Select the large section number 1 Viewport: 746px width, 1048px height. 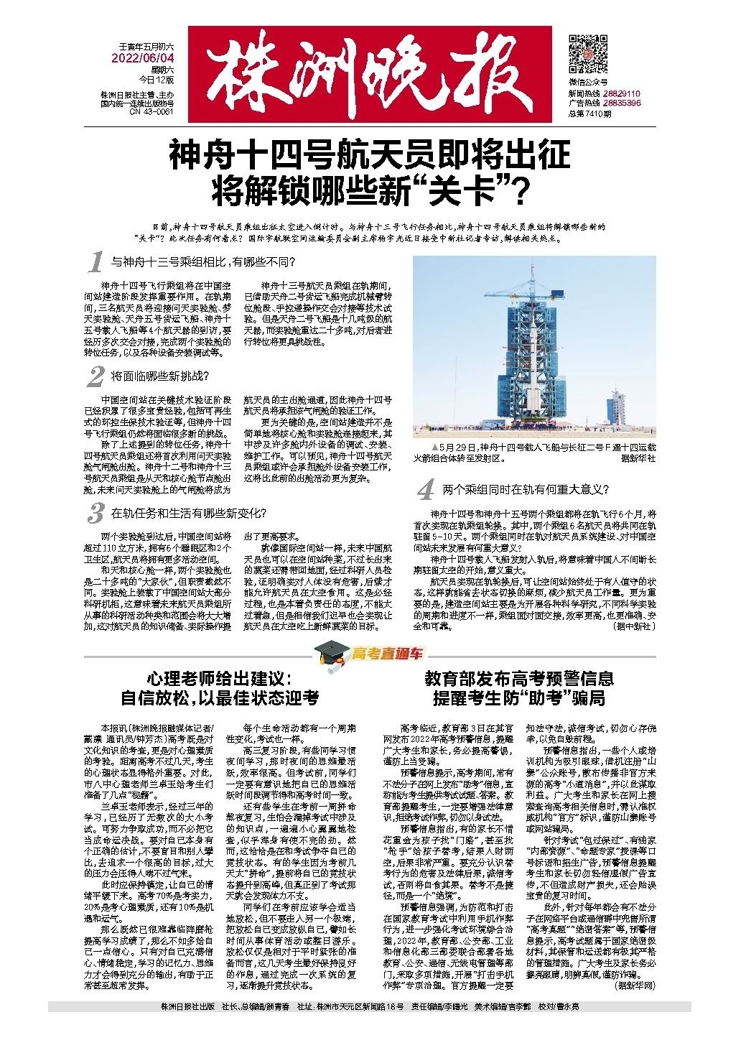point(94,263)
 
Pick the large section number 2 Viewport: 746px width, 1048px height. point(95,376)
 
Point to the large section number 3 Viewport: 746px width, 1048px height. point(94,514)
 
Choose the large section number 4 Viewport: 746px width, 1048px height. point(425,491)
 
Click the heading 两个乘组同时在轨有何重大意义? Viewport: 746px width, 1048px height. point(526,490)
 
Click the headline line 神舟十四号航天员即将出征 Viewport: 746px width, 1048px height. point(370,155)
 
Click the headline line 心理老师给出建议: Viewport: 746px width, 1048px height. point(219,678)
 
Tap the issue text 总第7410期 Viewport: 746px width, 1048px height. point(589,112)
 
